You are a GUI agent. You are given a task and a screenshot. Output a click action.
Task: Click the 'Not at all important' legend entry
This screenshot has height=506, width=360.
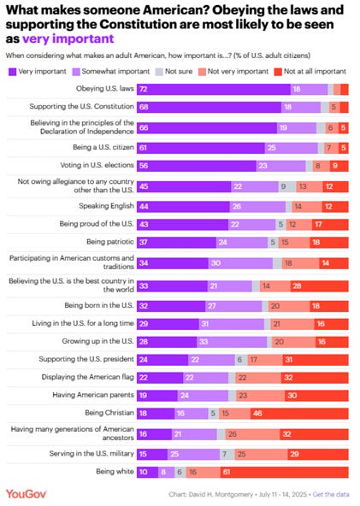coord(311,71)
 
